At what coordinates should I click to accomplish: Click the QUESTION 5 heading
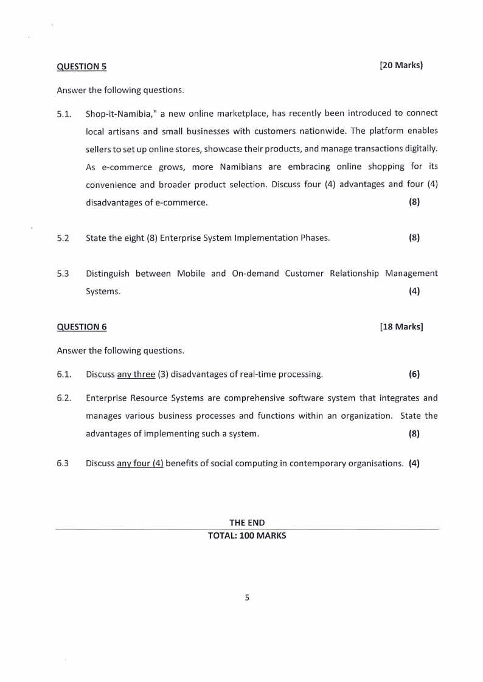(x=81, y=66)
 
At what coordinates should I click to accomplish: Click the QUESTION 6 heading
(x=82, y=327)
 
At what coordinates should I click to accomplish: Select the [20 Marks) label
(x=401, y=65)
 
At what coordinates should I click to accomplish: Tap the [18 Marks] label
(x=401, y=327)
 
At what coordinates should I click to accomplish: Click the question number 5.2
(x=63, y=238)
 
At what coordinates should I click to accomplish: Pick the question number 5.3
(x=63, y=274)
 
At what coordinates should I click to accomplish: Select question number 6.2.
(x=64, y=399)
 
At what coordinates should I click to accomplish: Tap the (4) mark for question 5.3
(x=414, y=291)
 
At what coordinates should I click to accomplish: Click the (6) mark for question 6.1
(x=414, y=374)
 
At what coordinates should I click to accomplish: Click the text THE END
(x=246, y=523)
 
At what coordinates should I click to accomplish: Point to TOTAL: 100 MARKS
(x=246, y=537)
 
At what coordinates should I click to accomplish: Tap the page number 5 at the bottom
(x=247, y=598)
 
